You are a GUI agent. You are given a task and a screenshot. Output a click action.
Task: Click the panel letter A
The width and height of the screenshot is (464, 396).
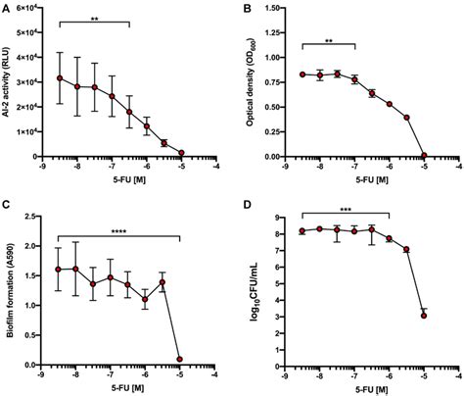tap(6, 8)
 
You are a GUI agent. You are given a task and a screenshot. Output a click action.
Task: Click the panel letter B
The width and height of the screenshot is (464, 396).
tap(244, 8)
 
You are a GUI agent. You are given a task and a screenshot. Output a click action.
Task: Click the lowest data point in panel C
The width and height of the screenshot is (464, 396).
tap(179, 359)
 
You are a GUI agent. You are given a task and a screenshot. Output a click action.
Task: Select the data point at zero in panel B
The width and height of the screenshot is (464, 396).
tap(424, 155)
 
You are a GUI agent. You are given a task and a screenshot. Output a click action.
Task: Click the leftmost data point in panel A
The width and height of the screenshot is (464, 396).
tap(60, 78)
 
